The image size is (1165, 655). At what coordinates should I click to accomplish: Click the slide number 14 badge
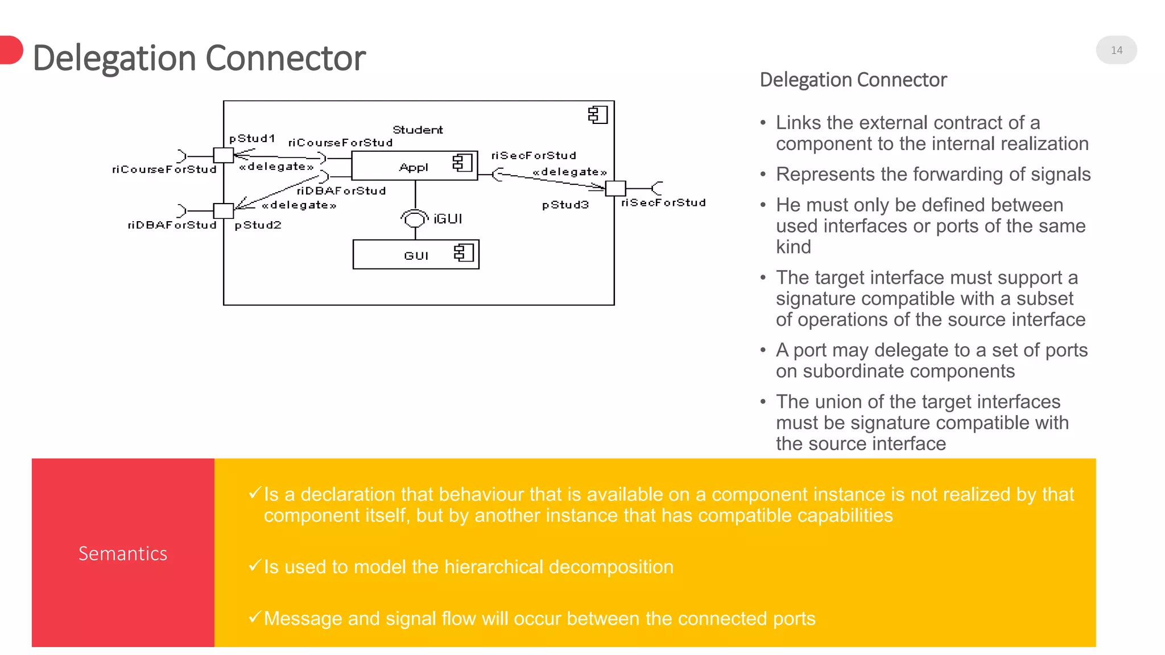pos(1116,50)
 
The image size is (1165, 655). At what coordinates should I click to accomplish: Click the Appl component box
pos(414,166)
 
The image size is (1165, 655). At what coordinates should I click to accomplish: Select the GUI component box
pos(416,255)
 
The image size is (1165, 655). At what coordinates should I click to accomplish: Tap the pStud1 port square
pos(223,155)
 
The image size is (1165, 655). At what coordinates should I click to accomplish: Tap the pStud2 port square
pos(223,211)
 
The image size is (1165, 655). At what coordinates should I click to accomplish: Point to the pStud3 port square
pos(615,188)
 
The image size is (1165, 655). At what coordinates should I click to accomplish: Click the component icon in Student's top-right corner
pos(598,115)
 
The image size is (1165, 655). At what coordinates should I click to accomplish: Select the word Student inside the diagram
pos(418,130)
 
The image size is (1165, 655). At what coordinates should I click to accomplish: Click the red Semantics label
pos(123,553)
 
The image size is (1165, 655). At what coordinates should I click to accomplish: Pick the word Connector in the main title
pos(285,58)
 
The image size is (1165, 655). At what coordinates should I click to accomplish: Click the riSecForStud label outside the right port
pos(663,203)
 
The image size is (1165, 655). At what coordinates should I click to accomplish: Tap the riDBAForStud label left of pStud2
pos(172,225)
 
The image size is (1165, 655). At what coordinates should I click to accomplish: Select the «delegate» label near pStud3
pos(569,172)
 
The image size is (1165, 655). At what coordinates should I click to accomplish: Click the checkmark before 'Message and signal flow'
pos(255,616)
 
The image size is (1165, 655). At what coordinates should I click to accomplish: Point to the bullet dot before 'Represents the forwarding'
pos(763,175)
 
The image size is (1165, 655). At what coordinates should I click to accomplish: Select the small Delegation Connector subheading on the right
pos(853,80)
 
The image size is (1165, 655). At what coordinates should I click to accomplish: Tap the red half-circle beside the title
pos(11,50)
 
